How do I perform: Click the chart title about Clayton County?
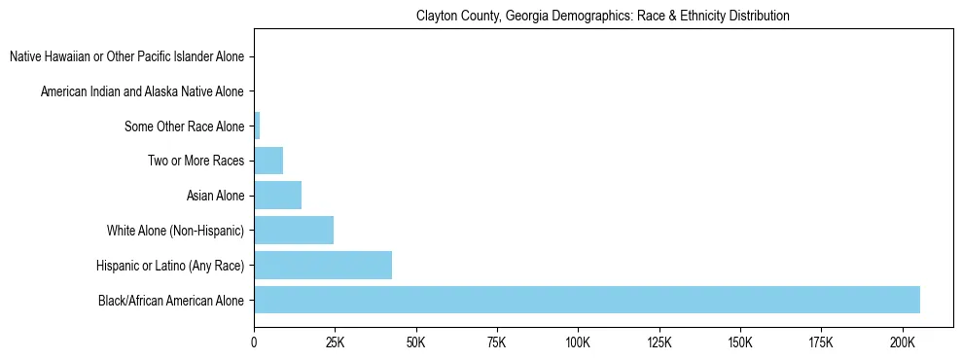click(602, 16)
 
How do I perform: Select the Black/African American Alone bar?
click(587, 300)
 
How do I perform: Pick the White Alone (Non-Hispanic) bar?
click(294, 231)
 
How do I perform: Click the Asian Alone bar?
click(277, 196)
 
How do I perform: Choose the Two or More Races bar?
click(268, 161)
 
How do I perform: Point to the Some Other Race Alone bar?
click(257, 126)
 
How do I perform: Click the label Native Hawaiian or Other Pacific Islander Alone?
click(126, 57)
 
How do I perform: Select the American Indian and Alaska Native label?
click(142, 92)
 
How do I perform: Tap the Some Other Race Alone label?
click(184, 126)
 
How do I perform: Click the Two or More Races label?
click(196, 162)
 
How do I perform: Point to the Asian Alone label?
click(215, 197)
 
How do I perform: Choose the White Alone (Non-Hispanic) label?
click(175, 231)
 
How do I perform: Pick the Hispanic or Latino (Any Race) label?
click(170, 266)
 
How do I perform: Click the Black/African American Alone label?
click(171, 301)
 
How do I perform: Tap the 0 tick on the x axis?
click(254, 342)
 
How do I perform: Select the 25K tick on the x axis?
click(335, 342)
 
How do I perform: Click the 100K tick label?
click(578, 342)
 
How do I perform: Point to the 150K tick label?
click(740, 342)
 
